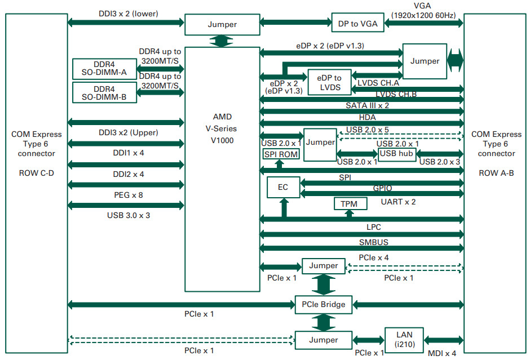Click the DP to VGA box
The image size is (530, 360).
[357, 23]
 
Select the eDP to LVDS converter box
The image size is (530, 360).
[330, 82]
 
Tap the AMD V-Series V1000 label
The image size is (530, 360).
[222, 128]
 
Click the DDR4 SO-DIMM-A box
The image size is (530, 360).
[104, 69]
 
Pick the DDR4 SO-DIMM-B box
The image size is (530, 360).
[104, 92]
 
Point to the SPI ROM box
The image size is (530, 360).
[281, 154]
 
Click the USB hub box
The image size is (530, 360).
[397, 154]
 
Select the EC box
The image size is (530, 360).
[283, 187]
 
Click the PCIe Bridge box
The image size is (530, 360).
[324, 305]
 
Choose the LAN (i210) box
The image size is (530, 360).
[404, 340]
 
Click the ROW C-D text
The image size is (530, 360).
[37, 173]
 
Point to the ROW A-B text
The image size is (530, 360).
[496, 173]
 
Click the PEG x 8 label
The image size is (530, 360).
[129, 195]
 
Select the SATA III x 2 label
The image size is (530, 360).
[367, 105]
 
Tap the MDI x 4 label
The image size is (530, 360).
[442, 353]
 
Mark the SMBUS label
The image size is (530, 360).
[373, 242]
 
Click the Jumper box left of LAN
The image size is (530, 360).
[324, 340]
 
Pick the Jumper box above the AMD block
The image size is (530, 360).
[222, 24]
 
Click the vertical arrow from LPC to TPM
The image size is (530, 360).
[349, 213]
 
